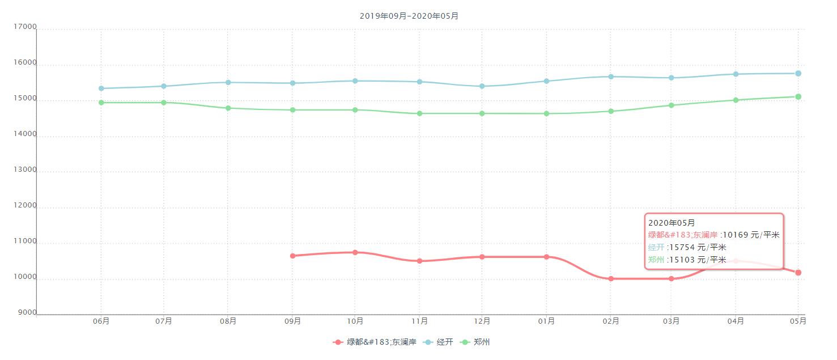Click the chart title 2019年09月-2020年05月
tap(409, 16)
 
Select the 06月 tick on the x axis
tap(101, 321)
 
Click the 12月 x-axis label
tap(482, 321)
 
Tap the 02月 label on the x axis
tap(611, 321)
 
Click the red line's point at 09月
tap(292, 256)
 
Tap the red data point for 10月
tap(355, 252)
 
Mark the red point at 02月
tap(611, 279)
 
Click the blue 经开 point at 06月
tap(101, 88)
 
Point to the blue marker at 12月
tap(482, 86)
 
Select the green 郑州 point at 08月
tap(228, 108)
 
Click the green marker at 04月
tap(736, 100)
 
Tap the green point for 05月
tap(798, 96)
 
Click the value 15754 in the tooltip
tap(678, 247)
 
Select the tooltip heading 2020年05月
tap(672, 223)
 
